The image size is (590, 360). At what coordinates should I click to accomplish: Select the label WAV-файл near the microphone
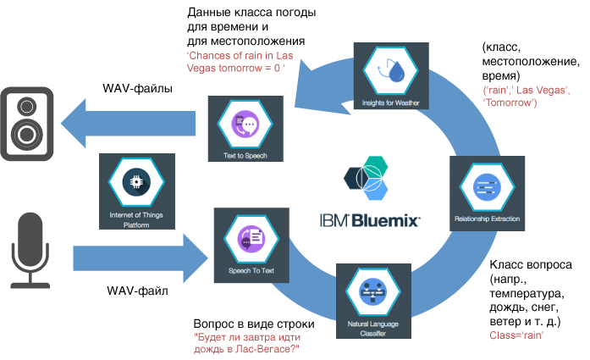(135, 291)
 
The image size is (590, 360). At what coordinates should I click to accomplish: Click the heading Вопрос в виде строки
(254, 324)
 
